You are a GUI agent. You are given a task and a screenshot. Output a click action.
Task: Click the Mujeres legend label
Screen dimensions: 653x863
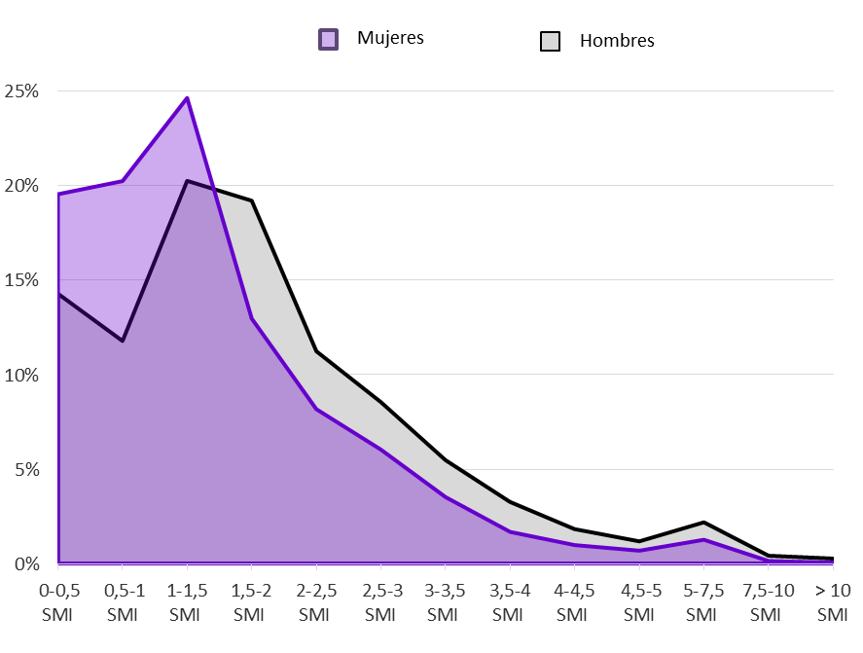click(x=390, y=39)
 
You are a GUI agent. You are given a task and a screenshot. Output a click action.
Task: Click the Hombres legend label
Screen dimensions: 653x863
click(x=617, y=41)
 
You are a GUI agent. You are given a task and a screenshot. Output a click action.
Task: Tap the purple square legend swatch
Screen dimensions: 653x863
click(x=329, y=40)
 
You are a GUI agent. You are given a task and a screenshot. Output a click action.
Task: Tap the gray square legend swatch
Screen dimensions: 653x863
click(x=550, y=42)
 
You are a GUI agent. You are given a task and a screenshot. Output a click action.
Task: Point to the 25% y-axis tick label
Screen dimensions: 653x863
click(x=20, y=91)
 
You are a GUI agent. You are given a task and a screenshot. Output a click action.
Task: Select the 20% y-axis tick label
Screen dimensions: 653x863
click(x=20, y=186)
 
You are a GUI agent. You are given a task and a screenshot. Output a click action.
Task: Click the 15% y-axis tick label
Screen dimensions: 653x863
click(x=20, y=280)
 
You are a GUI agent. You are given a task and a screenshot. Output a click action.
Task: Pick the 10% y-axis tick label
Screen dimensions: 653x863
click(x=20, y=375)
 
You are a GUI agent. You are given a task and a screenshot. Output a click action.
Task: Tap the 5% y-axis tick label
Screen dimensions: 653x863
click(x=24, y=469)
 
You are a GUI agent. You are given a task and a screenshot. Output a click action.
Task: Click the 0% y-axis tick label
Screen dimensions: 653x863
click(x=24, y=563)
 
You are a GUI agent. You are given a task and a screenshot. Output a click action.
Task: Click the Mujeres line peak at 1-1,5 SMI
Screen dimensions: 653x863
click(x=187, y=98)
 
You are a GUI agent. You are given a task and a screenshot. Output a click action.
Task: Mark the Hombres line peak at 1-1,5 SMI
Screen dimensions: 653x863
click(x=187, y=181)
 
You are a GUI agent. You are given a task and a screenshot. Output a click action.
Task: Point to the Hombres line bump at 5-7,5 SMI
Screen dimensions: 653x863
click(x=701, y=523)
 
